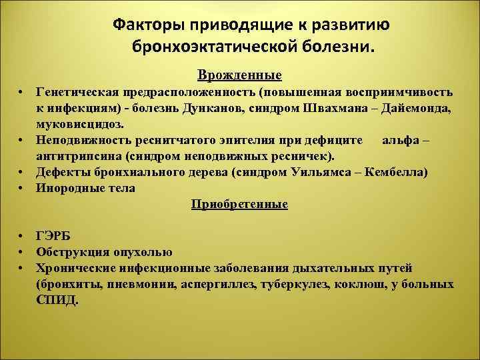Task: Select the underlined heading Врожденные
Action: point(239,73)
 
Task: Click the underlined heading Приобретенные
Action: point(239,203)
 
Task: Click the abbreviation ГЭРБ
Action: point(53,236)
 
